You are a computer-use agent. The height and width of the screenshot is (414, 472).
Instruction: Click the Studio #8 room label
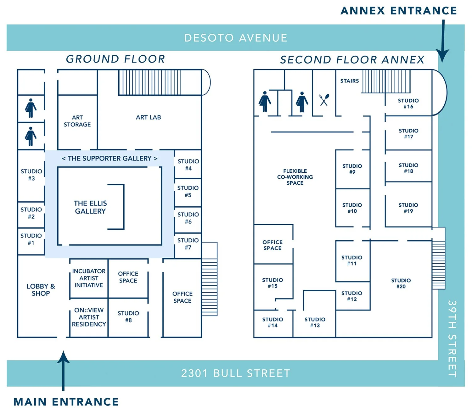[x=128, y=317]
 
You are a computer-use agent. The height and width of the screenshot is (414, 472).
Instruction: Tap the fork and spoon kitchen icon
[x=324, y=100]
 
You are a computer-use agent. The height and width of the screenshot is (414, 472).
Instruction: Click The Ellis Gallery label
[x=90, y=207]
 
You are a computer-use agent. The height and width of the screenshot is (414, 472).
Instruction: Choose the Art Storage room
[x=77, y=121]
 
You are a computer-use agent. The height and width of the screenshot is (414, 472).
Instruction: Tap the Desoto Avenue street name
[x=236, y=38]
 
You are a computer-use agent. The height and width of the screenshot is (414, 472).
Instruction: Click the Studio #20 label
[x=401, y=283]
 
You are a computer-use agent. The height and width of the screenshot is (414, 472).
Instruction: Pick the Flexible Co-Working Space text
[x=295, y=177]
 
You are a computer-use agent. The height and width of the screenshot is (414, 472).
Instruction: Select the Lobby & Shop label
[x=41, y=290]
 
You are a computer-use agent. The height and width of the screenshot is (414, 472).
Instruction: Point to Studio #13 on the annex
[x=315, y=322]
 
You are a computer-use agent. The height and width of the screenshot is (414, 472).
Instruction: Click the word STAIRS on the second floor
[x=349, y=81]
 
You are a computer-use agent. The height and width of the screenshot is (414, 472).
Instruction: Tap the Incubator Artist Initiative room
[x=89, y=278]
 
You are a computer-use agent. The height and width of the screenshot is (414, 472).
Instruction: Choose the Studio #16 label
[x=408, y=103]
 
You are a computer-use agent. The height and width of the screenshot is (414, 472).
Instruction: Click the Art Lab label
[x=148, y=117]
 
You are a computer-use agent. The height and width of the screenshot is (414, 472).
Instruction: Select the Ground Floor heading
[x=115, y=59]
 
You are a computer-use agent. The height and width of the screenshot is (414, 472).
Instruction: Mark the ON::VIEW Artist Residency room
[x=89, y=317]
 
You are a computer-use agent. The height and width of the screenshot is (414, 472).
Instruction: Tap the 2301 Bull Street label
[x=236, y=373]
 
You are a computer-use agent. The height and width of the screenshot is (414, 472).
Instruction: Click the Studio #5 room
[x=188, y=192]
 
